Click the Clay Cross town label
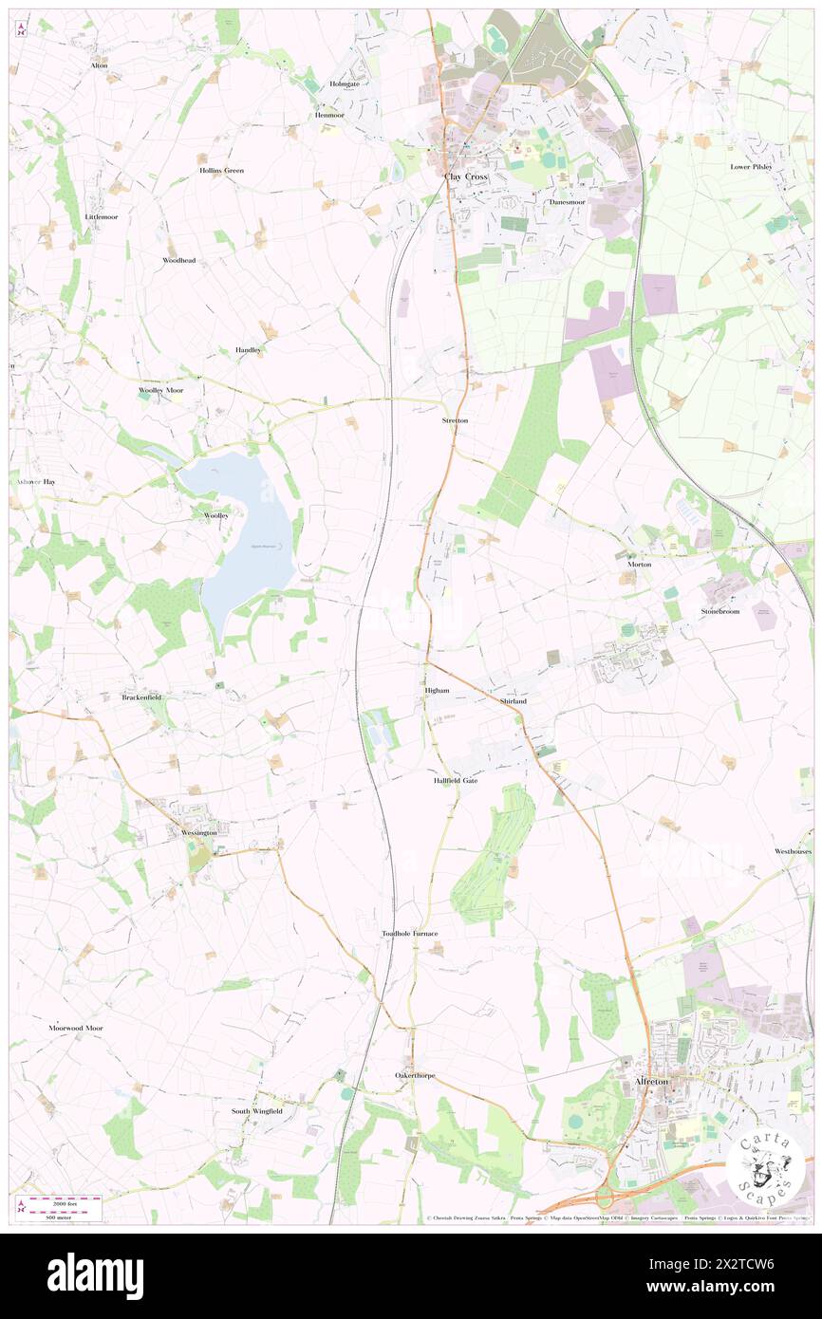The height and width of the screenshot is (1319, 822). click(466, 176)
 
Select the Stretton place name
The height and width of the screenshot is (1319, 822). click(455, 419)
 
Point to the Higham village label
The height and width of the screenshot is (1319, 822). click(437, 691)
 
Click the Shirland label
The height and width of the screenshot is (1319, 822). click(513, 700)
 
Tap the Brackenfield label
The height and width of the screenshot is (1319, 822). click(141, 697)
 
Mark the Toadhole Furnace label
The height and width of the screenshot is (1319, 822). click(410, 934)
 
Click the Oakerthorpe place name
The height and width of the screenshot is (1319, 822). click(415, 1075)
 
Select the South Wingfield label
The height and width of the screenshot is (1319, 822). click(256, 1110)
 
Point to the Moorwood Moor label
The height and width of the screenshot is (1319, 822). click(76, 1028)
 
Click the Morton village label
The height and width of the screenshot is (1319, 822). click(639, 564)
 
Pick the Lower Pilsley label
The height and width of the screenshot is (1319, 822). click(751, 166)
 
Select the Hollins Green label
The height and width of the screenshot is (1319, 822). click(221, 170)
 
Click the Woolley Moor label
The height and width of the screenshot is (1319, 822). click(160, 390)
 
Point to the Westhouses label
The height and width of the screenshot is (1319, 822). click(793, 851)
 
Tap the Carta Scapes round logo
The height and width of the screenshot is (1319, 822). click(766, 1165)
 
